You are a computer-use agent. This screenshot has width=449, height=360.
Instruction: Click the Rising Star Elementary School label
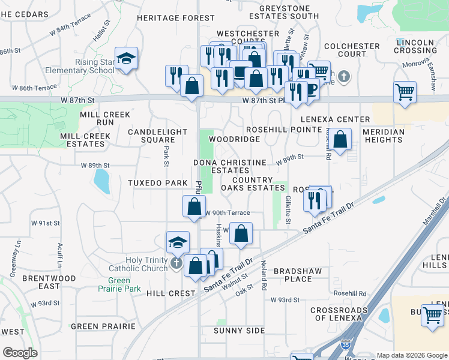pos(95,66)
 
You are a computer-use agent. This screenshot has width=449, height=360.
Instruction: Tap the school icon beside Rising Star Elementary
pos(126,59)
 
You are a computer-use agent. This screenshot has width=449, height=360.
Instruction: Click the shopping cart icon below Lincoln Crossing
pos(405,93)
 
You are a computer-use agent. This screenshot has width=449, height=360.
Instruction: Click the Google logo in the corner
pos(20,353)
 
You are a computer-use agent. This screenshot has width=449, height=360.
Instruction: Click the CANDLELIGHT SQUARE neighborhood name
pos(151,136)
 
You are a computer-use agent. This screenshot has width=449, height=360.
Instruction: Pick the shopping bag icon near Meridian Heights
pos(340,140)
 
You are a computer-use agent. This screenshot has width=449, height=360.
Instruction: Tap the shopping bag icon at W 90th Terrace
pos(194,206)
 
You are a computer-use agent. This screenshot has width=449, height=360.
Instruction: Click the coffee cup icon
pos(310,89)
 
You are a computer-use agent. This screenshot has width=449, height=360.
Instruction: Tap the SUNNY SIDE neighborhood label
pos(239,331)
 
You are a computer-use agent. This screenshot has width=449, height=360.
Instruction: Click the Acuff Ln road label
pos(60,254)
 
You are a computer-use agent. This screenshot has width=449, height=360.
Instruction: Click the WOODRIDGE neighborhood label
pos(234,139)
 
